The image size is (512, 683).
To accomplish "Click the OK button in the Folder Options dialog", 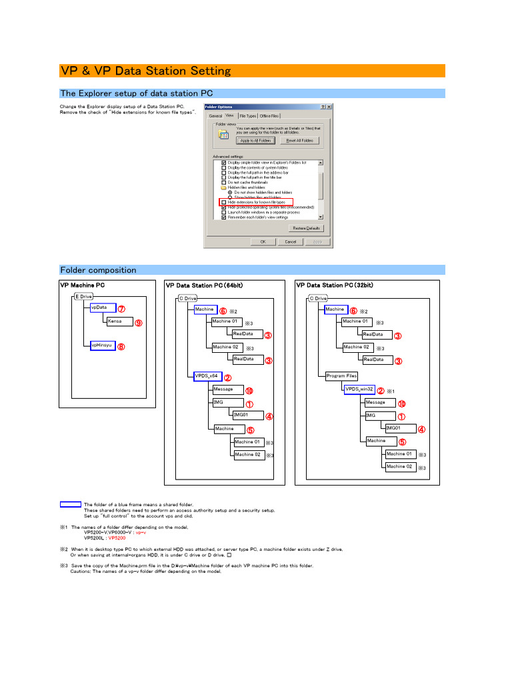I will [263, 241].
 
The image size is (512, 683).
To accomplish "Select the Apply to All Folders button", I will [255, 141].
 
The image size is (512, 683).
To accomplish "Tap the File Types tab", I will [247, 116].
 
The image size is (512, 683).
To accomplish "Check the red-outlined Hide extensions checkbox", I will [223, 202].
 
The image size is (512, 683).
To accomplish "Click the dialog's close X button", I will [329, 107].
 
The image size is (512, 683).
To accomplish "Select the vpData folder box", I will [103, 308].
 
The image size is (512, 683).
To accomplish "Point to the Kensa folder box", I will [119, 321].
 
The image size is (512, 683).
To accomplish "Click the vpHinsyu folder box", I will [103, 346].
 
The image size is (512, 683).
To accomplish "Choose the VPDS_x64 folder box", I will [207, 376].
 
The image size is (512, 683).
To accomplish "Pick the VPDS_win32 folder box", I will [359, 389].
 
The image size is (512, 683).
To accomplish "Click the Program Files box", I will [341, 376].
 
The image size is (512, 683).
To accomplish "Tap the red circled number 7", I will [121, 309].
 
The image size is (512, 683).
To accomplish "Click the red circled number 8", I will [121, 346].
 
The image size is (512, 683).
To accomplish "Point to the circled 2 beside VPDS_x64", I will [227, 378].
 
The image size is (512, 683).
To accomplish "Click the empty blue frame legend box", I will [70, 504].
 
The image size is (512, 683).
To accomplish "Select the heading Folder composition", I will [98, 270].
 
